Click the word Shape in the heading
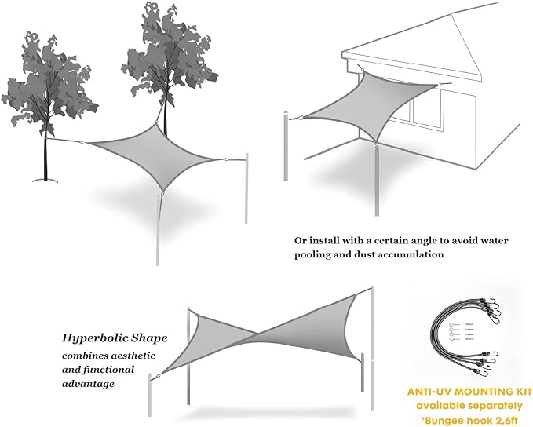tap(148, 338)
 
